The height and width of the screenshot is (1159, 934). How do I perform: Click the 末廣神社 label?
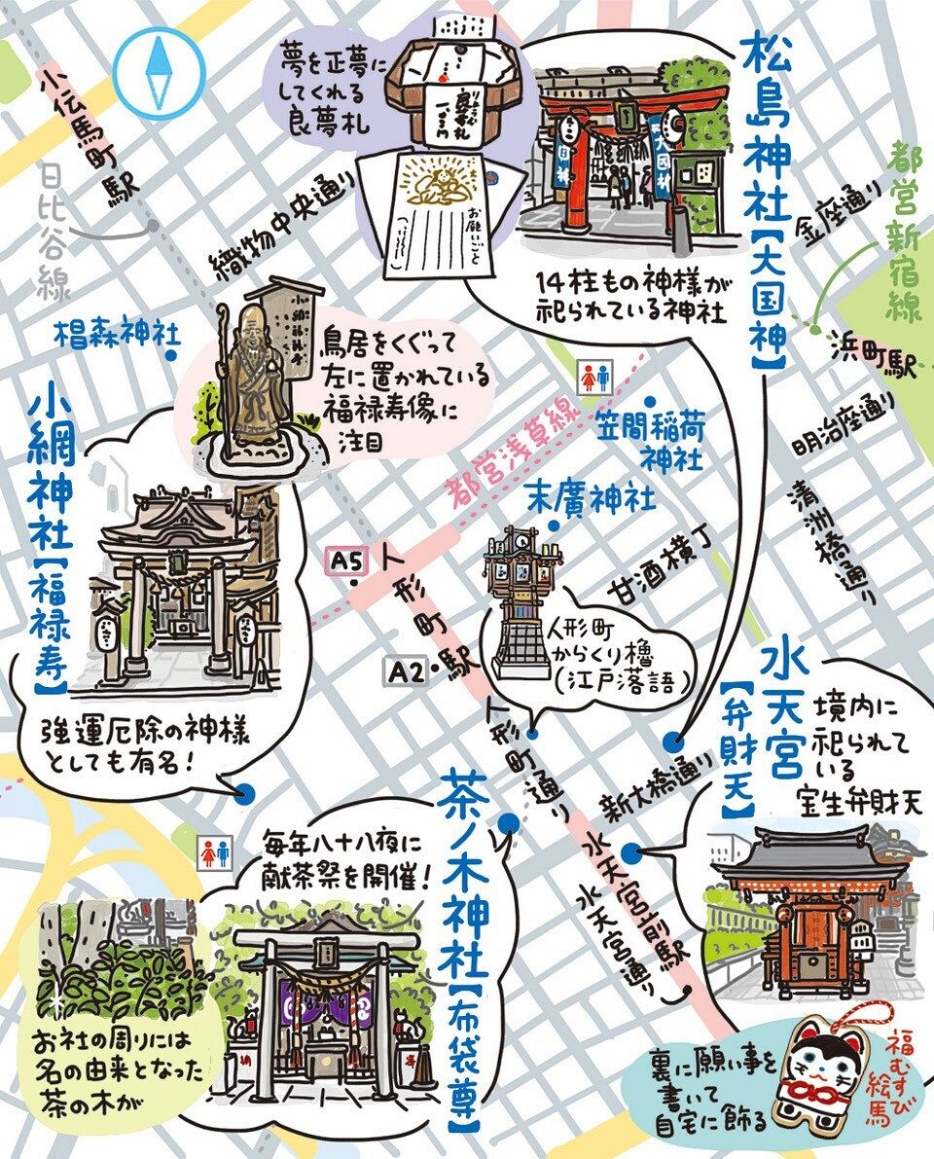click(x=591, y=497)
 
